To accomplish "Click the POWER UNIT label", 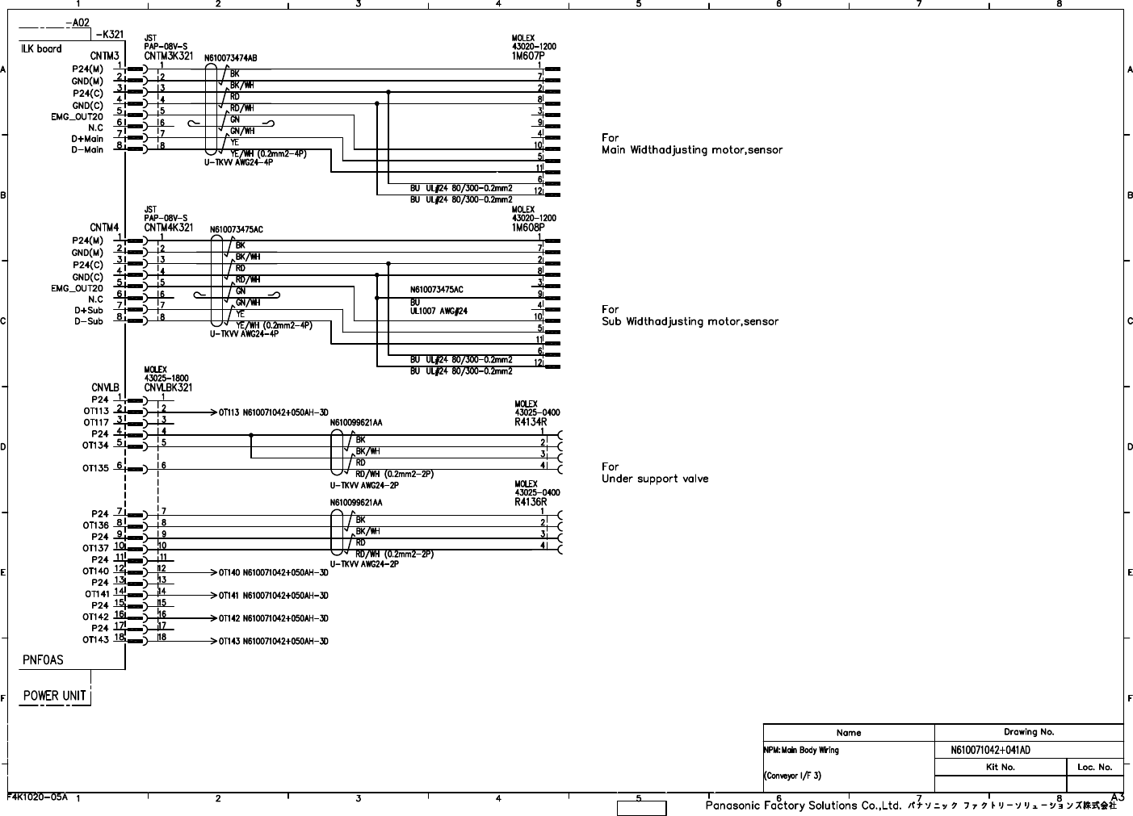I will [x=54, y=695].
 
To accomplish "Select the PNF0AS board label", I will [x=43, y=659].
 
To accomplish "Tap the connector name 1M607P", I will [x=528, y=55].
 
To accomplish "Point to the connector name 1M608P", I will [x=528, y=227].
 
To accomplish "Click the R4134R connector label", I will [x=531, y=421].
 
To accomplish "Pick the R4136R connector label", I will [x=531, y=501].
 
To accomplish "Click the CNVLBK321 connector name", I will [x=169, y=387].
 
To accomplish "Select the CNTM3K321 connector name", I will [x=169, y=56].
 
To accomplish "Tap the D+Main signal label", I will [x=87, y=139].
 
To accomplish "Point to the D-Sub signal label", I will [x=88, y=320].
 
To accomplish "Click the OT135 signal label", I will [x=95, y=468].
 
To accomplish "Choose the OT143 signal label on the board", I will [x=95, y=640].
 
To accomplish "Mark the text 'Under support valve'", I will [x=655, y=479].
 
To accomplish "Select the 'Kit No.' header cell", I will [x=1001, y=767].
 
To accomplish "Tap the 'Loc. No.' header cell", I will [x=1094, y=767].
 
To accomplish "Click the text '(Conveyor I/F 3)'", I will [x=792, y=776].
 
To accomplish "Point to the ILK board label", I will [x=42, y=48].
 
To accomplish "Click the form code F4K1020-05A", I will [x=38, y=796].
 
